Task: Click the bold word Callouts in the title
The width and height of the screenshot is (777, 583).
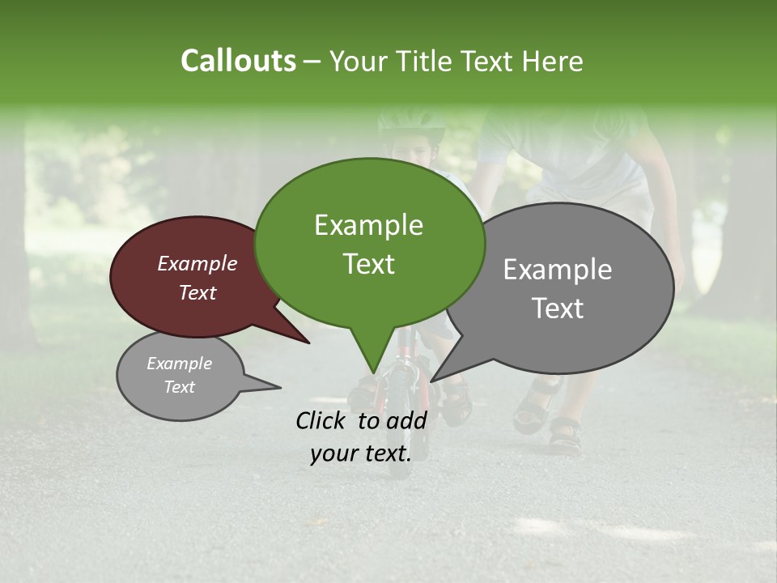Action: [238, 61]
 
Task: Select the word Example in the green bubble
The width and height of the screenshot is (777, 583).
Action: [368, 225]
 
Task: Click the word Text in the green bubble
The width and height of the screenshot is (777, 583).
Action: [368, 264]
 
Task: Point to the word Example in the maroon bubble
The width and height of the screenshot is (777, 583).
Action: [197, 263]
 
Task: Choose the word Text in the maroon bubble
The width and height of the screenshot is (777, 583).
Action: [197, 292]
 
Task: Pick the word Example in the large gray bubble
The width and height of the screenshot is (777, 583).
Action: [558, 270]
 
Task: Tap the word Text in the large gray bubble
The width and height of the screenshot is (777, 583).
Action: [558, 309]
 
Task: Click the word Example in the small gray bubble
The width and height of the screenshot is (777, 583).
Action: [179, 364]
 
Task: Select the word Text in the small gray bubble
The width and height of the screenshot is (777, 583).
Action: [179, 387]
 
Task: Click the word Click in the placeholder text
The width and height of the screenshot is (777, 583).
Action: [322, 420]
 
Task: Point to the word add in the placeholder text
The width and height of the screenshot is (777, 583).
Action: [406, 420]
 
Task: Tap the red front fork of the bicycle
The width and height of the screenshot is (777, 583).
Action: [402, 381]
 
